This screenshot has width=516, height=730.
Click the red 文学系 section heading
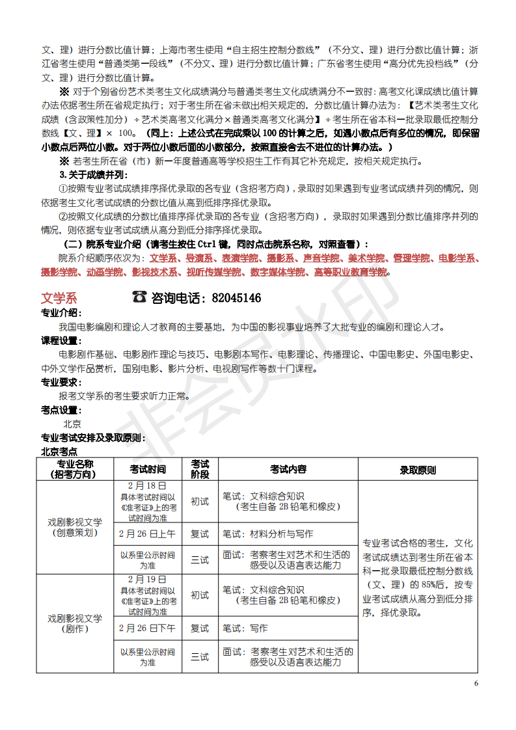click(59, 298)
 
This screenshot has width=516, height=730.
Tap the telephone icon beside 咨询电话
click(139, 297)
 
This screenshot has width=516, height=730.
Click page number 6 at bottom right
click(476, 683)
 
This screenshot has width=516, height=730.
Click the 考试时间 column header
click(148, 469)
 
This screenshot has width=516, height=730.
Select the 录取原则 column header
click(417, 470)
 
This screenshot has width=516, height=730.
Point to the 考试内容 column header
click(288, 469)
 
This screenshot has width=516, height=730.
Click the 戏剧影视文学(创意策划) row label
click(75, 527)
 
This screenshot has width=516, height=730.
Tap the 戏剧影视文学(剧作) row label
click(75, 623)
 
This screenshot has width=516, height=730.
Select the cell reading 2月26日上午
click(148, 534)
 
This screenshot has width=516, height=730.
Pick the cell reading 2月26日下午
click(148, 628)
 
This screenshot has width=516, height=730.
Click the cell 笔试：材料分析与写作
click(268, 534)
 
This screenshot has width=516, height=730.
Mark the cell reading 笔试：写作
click(245, 628)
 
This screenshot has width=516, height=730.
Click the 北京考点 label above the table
click(59, 451)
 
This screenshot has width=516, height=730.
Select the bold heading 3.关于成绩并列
click(94, 174)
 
